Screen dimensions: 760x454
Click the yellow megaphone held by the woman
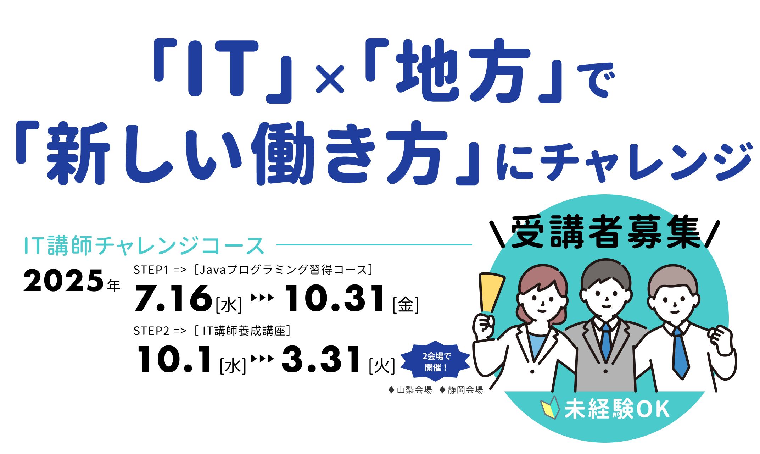click(x=491, y=293)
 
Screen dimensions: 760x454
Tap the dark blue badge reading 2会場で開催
click(x=436, y=361)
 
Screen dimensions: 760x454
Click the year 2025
click(x=63, y=281)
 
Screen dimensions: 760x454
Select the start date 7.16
click(x=173, y=298)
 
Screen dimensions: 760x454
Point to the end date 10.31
click(x=335, y=298)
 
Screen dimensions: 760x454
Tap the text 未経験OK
click(x=617, y=409)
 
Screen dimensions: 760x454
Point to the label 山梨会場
click(x=410, y=390)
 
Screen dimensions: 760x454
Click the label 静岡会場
click(x=461, y=390)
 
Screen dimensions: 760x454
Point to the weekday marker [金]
click(x=406, y=304)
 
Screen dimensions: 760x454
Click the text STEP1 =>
click(x=160, y=270)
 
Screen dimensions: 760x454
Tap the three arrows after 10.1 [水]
click(x=263, y=359)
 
